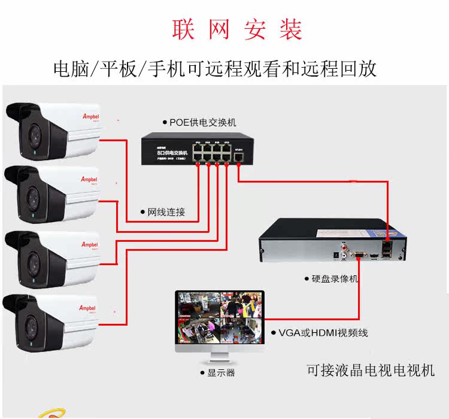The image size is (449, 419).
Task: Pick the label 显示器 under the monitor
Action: (x=221, y=372)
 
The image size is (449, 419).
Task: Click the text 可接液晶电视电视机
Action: (x=370, y=371)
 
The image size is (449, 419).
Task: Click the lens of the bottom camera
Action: (x=32, y=327)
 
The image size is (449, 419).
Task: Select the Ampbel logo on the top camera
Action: (x=89, y=118)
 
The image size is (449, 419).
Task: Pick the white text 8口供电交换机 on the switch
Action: (x=169, y=153)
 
